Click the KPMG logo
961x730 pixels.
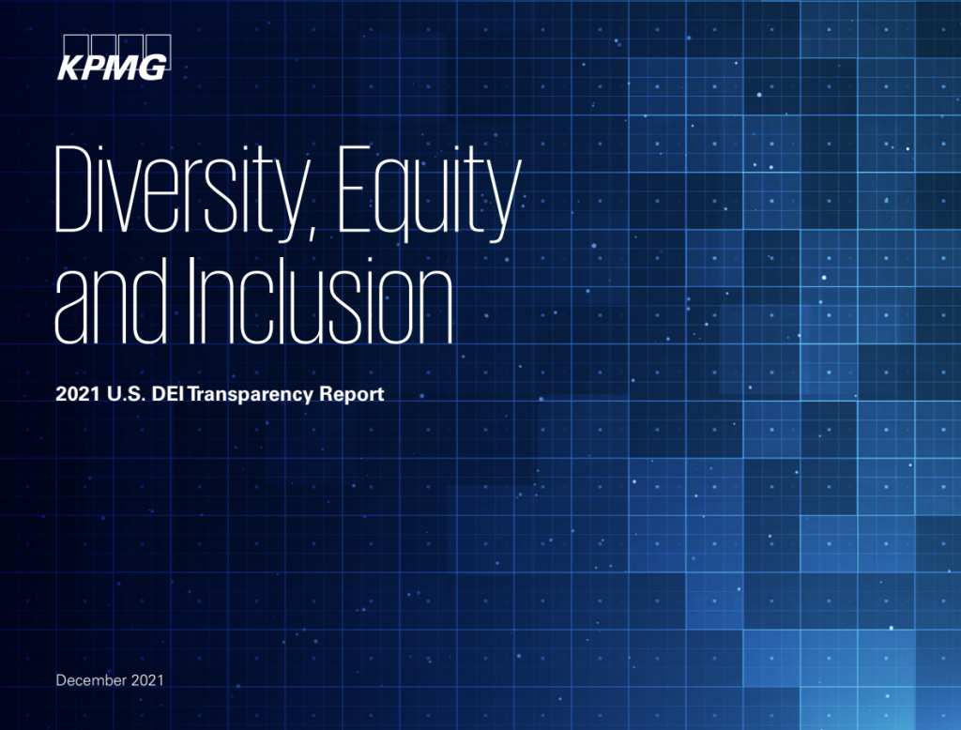[114, 57]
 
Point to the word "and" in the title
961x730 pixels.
[111, 301]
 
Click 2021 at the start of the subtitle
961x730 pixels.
[78, 393]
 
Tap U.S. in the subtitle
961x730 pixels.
[127, 393]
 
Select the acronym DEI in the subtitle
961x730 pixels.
[168, 393]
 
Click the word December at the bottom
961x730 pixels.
[91, 679]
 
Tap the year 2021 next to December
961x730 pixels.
[147, 679]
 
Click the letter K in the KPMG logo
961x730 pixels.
[69, 68]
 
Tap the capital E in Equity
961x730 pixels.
[355, 190]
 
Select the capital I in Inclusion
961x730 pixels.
[191, 301]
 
